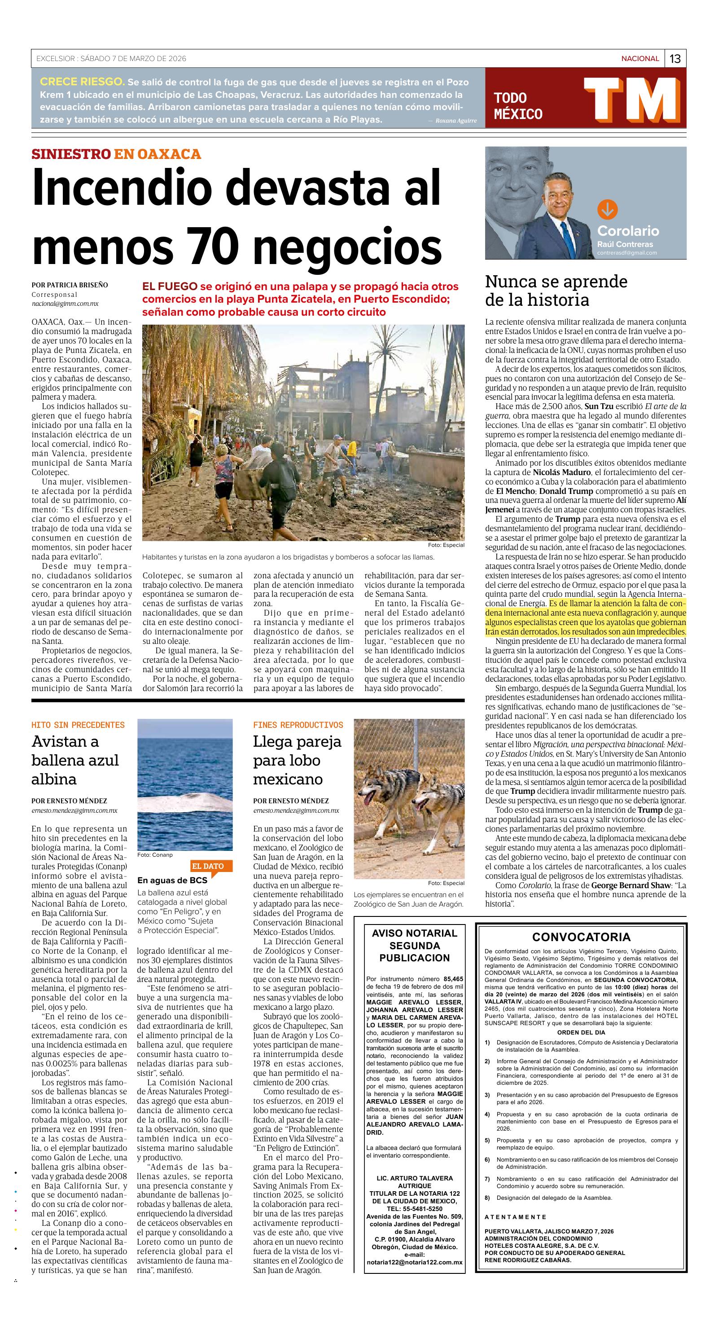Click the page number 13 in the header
tap(675, 58)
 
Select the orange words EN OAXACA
tap(158, 154)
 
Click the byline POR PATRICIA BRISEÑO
tap(70, 285)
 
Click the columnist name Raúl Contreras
tap(625, 244)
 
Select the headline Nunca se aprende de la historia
tap(556, 290)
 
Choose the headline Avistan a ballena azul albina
tap(75, 760)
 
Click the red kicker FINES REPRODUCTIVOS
tap(298, 725)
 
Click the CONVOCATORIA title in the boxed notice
tap(581, 937)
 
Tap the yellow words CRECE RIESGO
tap(82, 82)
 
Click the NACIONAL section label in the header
tap(639, 58)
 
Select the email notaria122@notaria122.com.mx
tap(414, 1262)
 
